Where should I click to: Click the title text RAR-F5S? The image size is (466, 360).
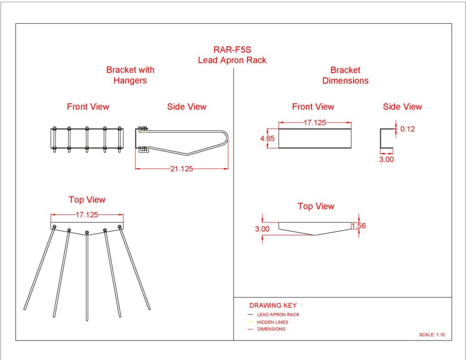233,50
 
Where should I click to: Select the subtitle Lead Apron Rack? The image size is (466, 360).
232,60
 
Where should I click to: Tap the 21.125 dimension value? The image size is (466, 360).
181,169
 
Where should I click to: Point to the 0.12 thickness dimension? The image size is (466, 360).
408,129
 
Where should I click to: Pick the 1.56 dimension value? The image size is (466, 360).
359,225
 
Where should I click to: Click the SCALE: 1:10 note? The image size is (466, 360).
431,335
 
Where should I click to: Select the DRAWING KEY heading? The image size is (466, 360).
273,305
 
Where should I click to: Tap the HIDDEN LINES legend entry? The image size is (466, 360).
273,322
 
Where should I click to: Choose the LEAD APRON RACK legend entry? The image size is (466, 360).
278,314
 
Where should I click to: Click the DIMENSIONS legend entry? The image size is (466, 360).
271,329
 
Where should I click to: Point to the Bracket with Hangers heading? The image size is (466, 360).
130,75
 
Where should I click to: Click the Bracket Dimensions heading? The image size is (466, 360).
345,75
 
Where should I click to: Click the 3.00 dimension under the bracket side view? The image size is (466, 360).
386,160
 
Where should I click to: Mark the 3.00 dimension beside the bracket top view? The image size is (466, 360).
263,229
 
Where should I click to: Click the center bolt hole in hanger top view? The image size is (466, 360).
87,232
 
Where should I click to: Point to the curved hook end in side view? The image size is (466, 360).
226,137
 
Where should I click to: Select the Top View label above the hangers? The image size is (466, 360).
87,200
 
